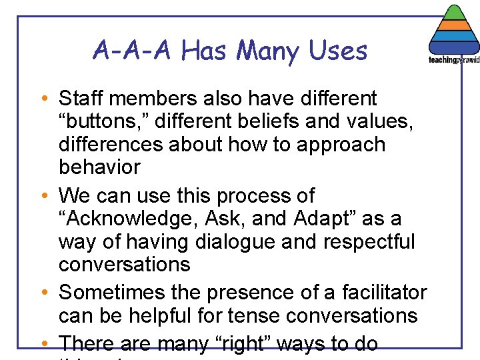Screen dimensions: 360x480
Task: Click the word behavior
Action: pos(99,167)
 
